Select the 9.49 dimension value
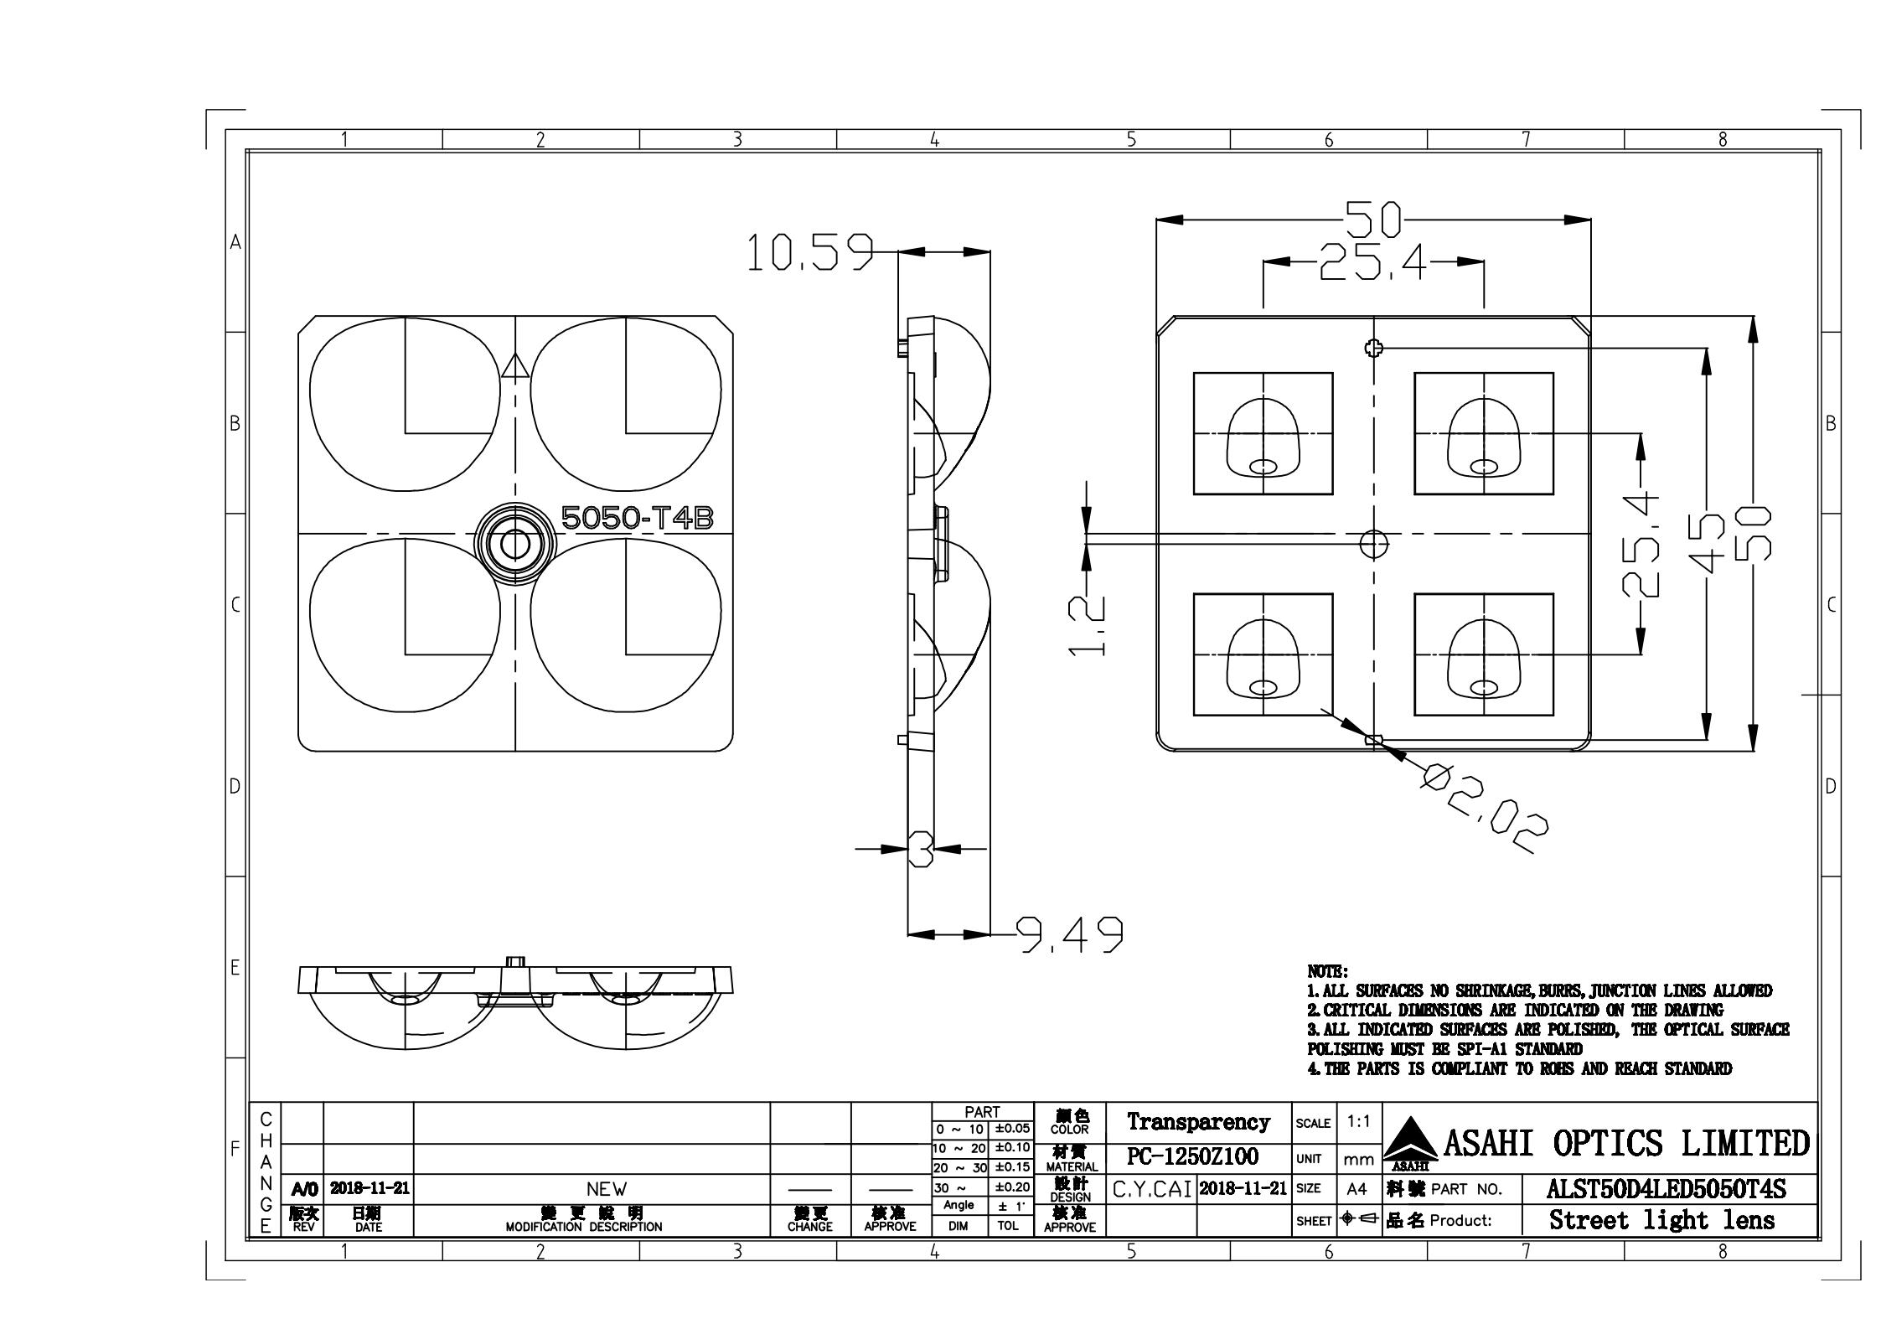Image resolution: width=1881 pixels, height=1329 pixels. [1069, 934]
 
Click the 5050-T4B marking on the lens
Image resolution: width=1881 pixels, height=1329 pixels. [637, 518]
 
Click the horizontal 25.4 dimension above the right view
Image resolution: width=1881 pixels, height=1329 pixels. [1372, 262]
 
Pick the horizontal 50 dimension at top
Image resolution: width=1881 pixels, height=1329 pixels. [1373, 220]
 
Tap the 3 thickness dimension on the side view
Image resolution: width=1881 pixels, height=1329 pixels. [921, 849]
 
